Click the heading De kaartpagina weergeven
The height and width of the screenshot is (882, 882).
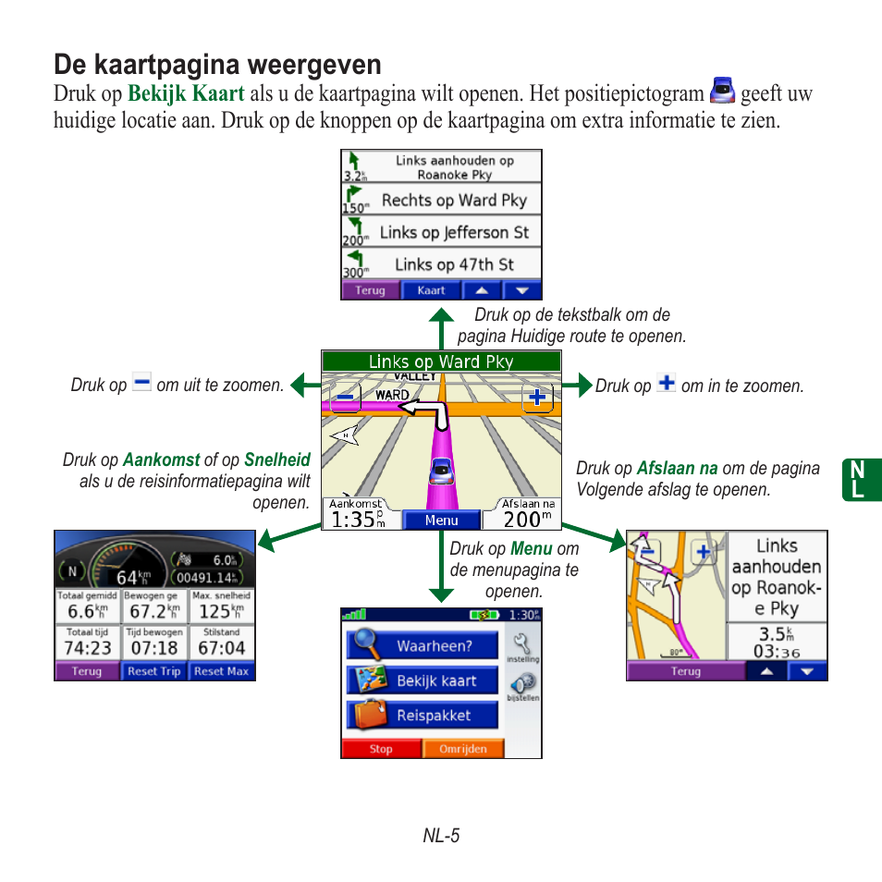pos(217,64)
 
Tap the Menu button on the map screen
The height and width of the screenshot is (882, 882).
pos(441,520)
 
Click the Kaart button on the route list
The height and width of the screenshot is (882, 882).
pos(431,290)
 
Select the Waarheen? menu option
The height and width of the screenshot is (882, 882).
pos(423,646)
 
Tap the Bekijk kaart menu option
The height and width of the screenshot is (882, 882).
pos(423,681)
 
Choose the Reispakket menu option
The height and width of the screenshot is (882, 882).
pos(423,716)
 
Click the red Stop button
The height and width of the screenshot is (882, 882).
pos(381,749)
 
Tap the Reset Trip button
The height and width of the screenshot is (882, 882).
pos(153,671)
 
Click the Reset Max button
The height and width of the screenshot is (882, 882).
pos(221,671)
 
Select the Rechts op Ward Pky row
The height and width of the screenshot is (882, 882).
pos(441,200)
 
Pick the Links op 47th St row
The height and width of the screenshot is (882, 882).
pos(441,264)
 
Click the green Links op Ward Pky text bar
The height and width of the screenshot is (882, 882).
pos(441,361)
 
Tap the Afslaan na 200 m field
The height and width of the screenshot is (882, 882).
pos(528,514)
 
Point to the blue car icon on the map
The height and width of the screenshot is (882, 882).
pos(441,472)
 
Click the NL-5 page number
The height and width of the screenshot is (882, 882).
pos(441,836)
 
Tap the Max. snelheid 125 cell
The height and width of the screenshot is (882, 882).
pos(221,606)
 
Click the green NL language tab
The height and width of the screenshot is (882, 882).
pos(862,481)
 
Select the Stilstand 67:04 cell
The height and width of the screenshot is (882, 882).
pos(221,643)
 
